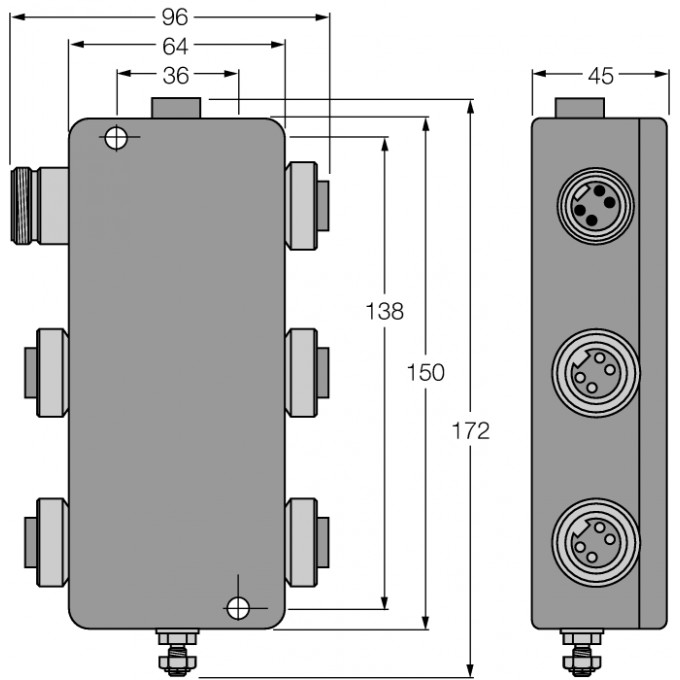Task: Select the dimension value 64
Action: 176,45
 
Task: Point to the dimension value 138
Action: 384,311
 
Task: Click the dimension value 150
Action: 426,372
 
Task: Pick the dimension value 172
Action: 470,431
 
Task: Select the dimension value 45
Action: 600,74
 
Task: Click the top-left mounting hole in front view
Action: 116,138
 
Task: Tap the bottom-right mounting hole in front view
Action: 237,607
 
